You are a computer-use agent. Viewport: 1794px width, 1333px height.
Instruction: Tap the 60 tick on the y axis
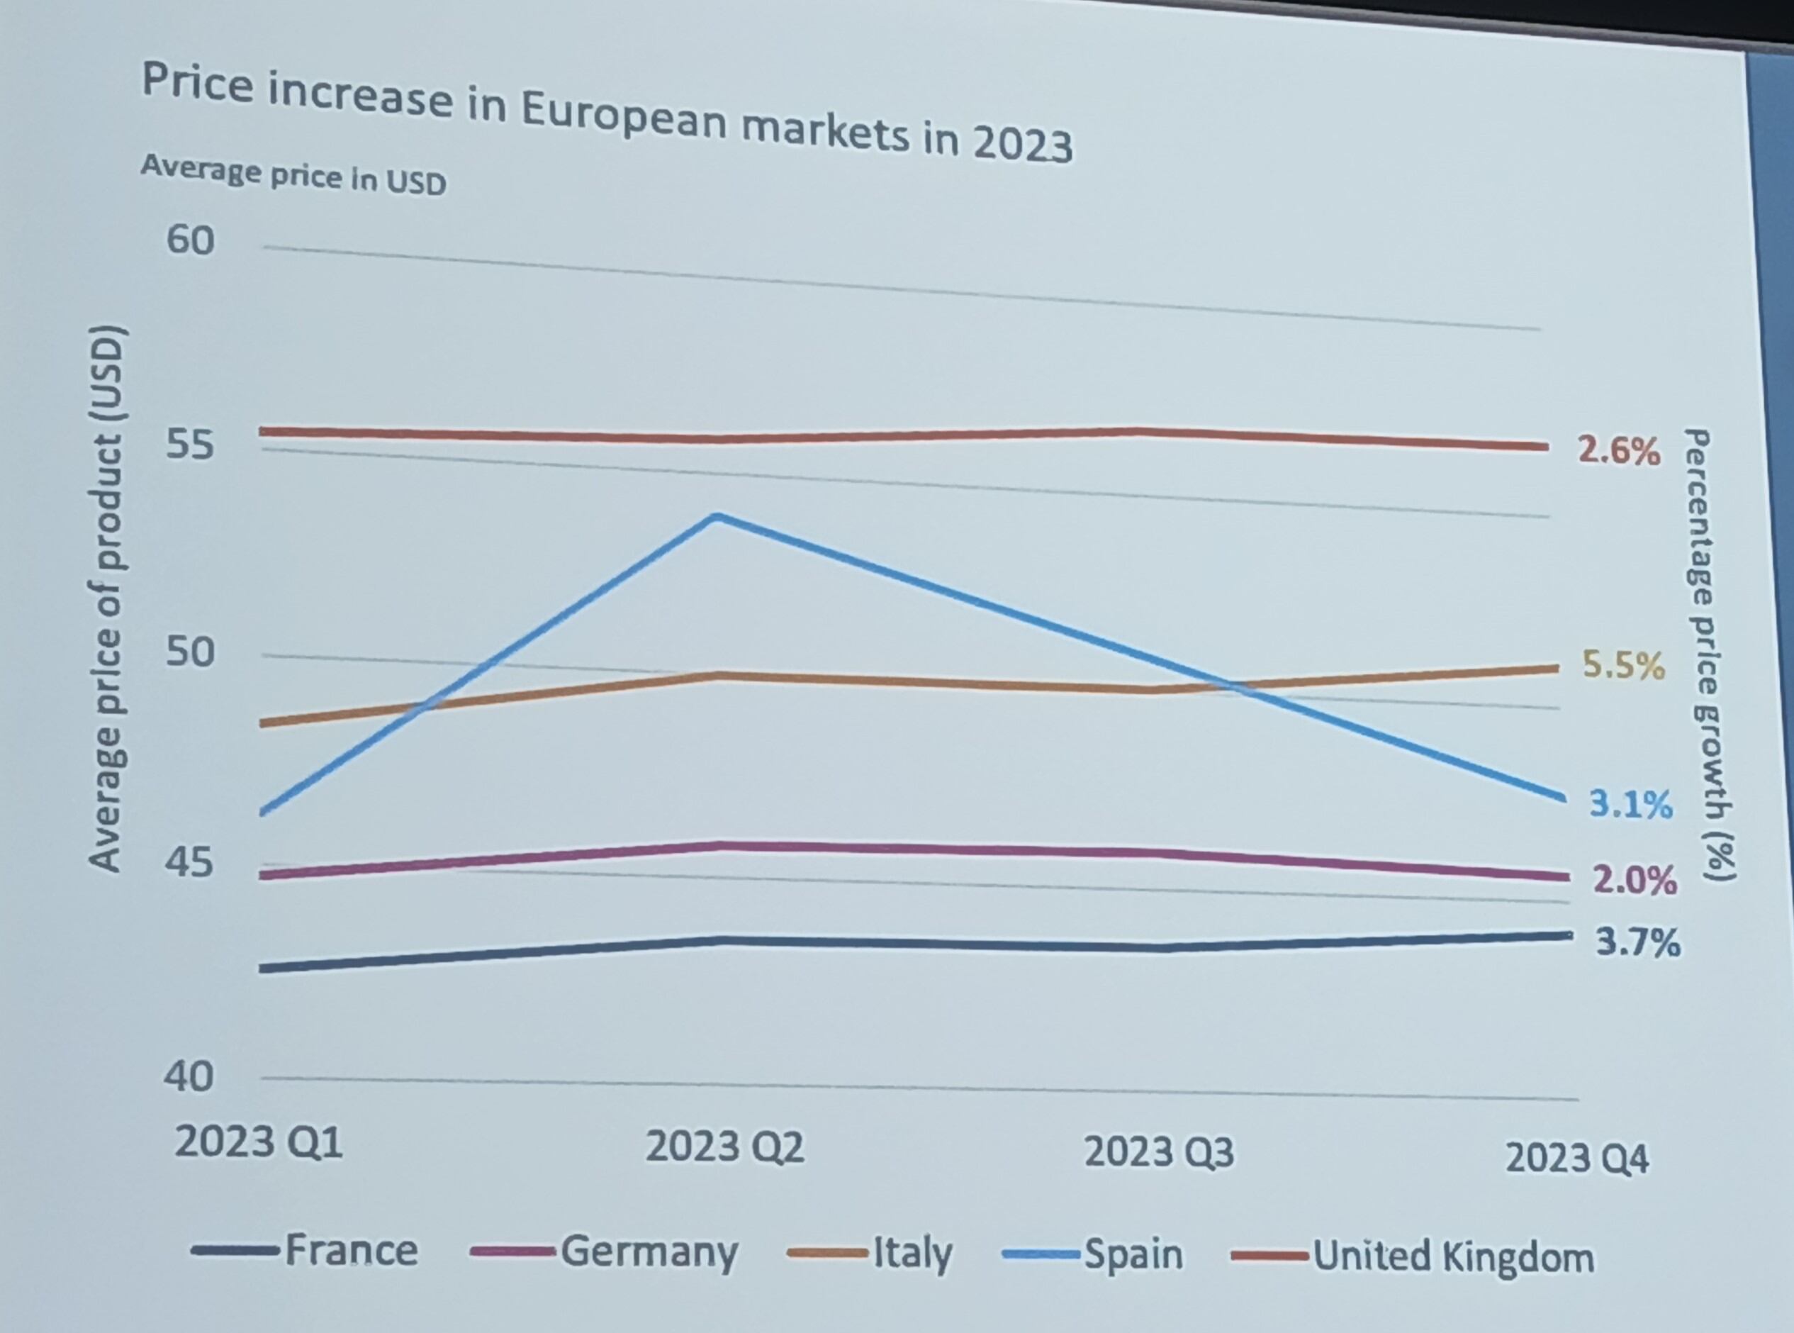click(x=191, y=240)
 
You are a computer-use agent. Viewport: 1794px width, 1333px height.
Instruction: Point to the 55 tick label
click(x=191, y=445)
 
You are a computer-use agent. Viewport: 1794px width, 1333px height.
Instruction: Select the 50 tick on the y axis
click(x=191, y=652)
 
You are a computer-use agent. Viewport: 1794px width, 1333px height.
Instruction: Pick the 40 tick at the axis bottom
click(x=189, y=1076)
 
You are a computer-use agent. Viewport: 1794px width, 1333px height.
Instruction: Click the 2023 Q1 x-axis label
click(x=258, y=1142)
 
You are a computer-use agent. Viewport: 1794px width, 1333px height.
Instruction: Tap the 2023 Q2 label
click(x=724, y=1147)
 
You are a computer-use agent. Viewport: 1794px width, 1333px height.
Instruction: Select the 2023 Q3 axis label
click(x=1158, y=1152)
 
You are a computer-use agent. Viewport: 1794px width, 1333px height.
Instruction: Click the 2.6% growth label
click(x=1619, y=451)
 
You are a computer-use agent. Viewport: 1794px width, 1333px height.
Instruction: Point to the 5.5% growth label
click(x=1623, y=666)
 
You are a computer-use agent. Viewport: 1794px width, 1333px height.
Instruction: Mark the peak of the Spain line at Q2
click(x=717, y=515)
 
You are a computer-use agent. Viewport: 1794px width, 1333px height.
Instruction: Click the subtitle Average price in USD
click(x=293, y=175)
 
